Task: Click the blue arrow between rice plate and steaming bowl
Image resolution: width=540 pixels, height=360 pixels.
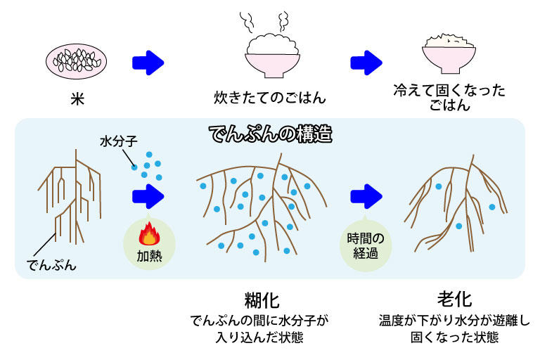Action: pyautogui.click(x=148, y=62)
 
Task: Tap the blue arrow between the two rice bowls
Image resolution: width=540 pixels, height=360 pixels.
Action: pyautogui.click(x=366, y=62)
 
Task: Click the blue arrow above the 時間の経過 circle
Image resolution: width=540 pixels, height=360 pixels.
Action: pyautogui.click(x=366, y=194)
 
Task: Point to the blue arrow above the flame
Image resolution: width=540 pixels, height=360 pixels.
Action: pyautogui.click(x=148, y=194)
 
